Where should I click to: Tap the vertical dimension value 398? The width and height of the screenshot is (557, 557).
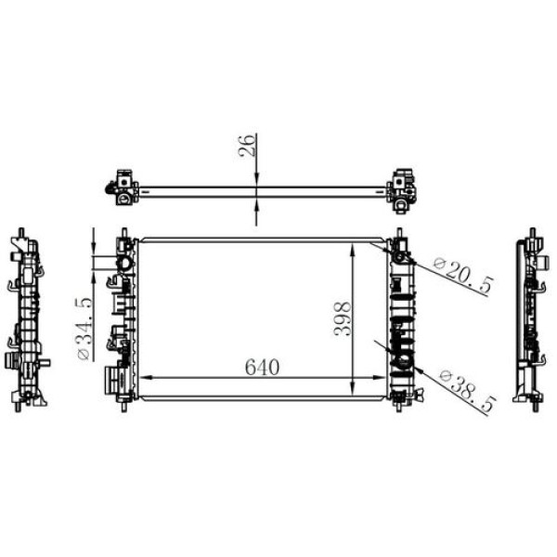pyautogui.click(x=341, y=318)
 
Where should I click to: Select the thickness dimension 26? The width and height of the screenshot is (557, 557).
pyautogui.click(x=247, y=147)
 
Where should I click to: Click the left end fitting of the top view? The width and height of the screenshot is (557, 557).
pyautogui.click(x=123, y=187)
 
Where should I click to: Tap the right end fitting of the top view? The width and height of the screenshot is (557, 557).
pyautogui.click(x=404, y=187)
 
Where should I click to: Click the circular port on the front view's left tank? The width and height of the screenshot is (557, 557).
pyautogui.click(x=123, y=265)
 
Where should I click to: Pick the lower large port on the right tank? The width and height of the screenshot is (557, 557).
pyautogui.click(x=404, y=360)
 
